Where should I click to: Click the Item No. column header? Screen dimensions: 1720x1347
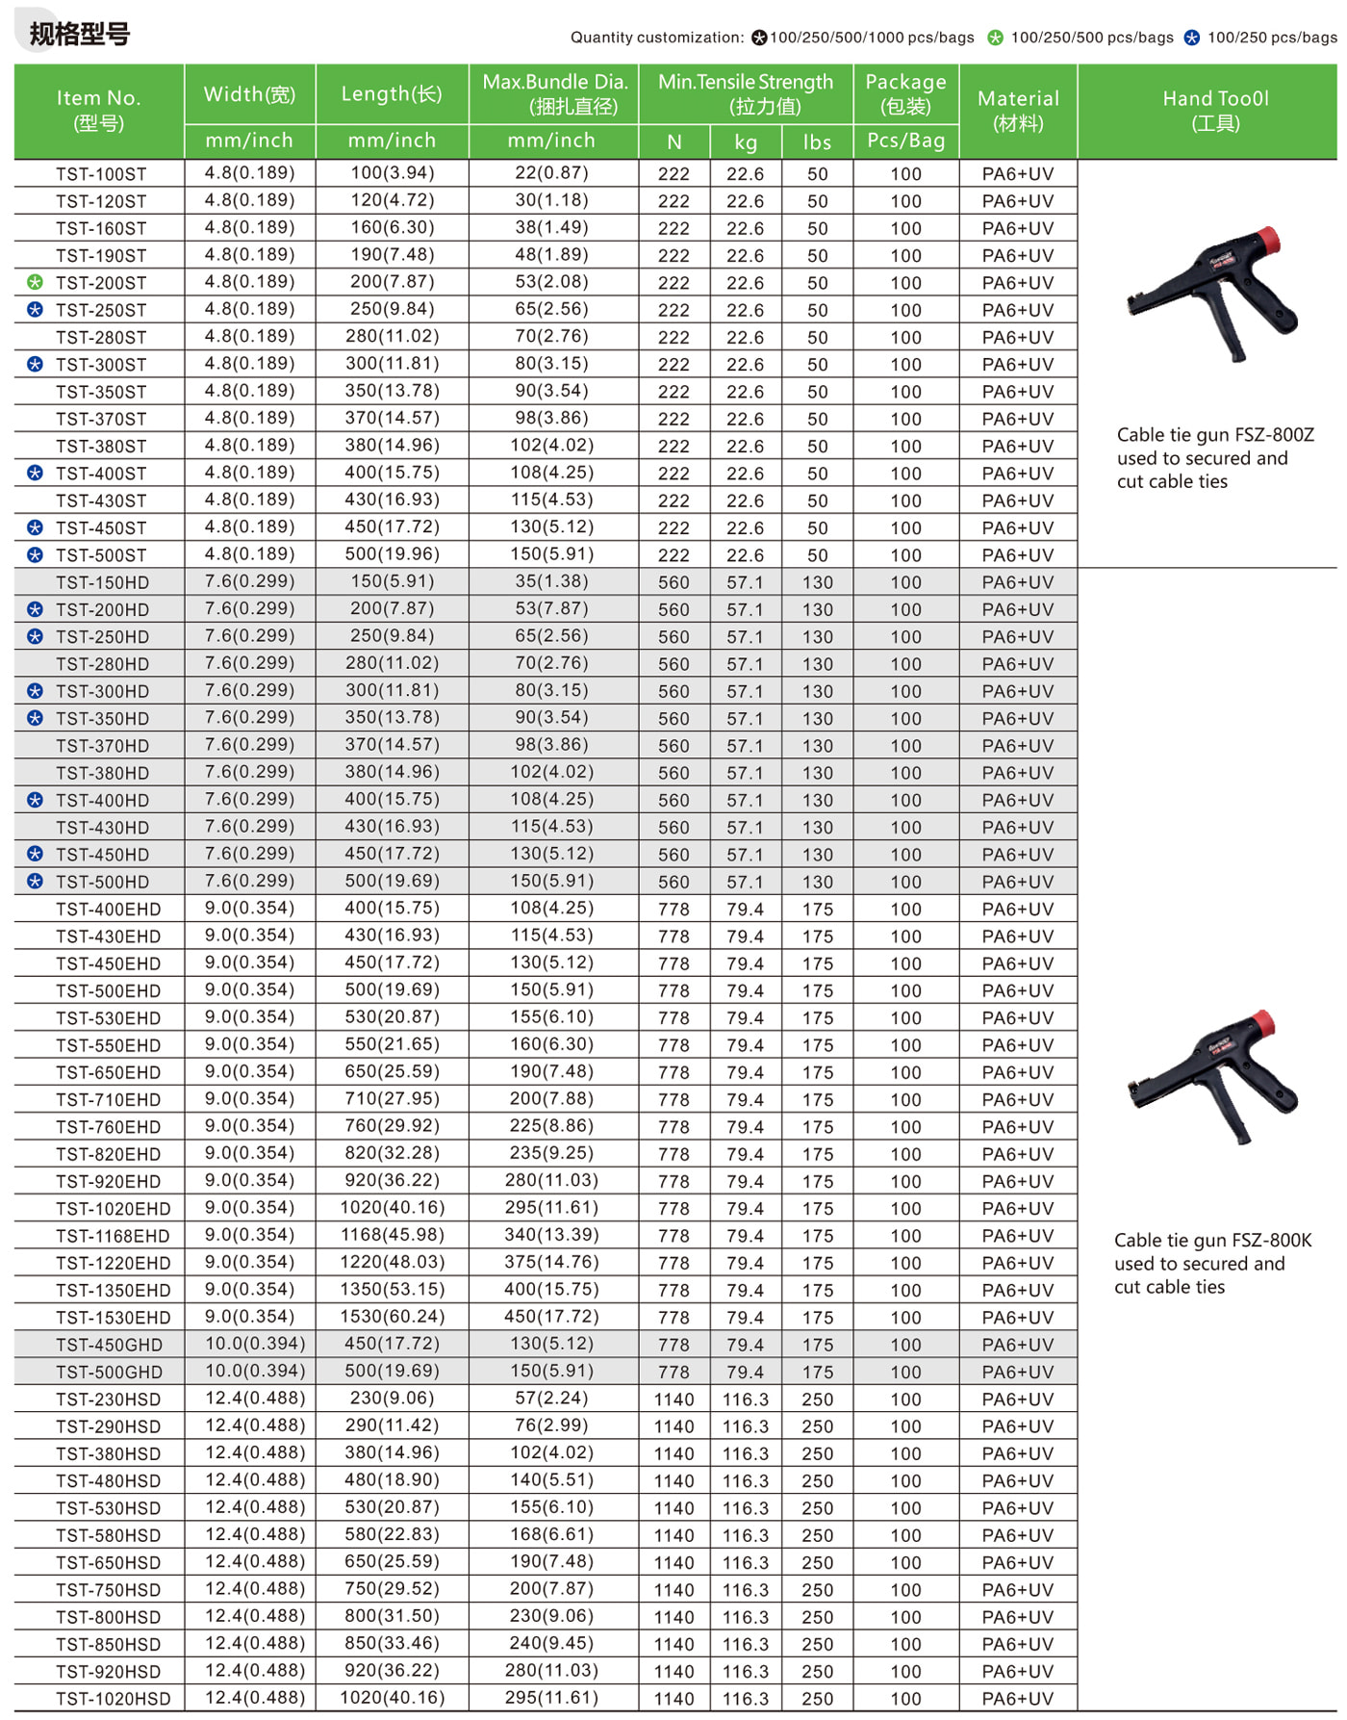98,110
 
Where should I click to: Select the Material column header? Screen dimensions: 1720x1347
1018,110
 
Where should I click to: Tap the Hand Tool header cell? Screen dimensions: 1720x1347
1215,110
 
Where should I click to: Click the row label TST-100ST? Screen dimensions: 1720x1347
101,174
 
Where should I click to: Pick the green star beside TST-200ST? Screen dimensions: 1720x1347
36,282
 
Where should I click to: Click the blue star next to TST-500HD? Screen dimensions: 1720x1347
36,881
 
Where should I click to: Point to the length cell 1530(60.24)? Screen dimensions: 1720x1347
392,1316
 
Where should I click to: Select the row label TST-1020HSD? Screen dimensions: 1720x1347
113,1699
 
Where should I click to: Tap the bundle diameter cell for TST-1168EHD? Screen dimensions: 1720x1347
553,1235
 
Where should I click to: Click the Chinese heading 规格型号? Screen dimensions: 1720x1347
80,35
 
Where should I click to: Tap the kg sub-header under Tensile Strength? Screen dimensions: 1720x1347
746,142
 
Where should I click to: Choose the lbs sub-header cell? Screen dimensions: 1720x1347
817,142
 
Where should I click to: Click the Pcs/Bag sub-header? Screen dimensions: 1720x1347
905,141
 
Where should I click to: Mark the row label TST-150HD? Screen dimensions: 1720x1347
102,582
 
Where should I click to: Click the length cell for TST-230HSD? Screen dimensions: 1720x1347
392,1398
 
